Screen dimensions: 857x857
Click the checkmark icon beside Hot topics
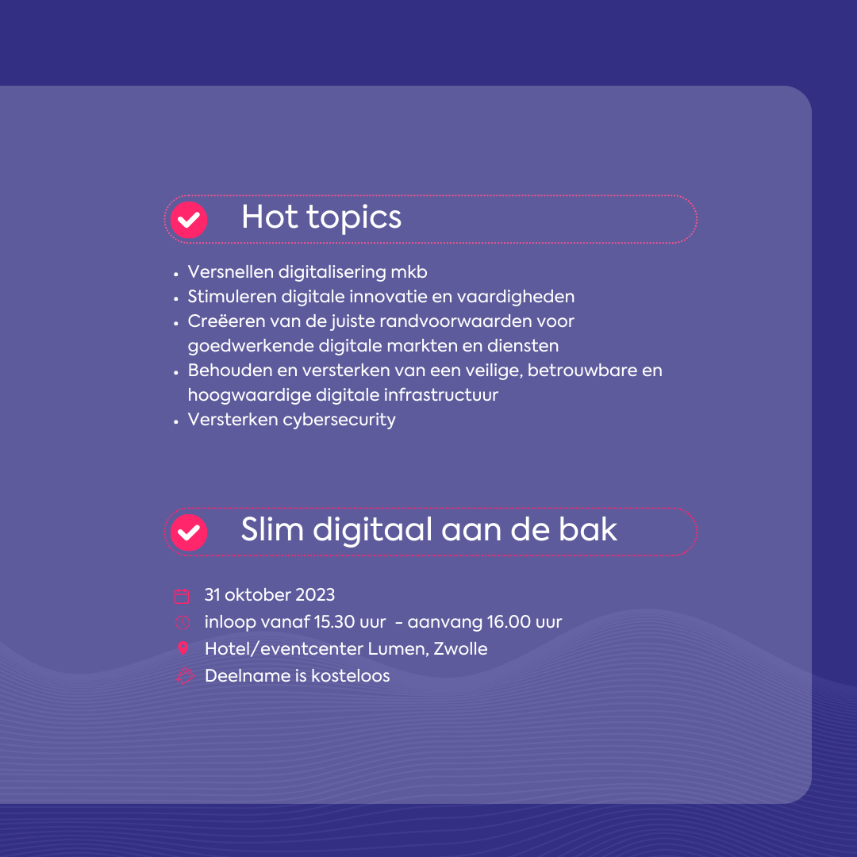pyautogui.click(x=189, y=220)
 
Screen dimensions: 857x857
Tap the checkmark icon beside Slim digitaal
pyautogui.click(x=189, y=532)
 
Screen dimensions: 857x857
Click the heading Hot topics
pyautogui.click(x=321, y=217)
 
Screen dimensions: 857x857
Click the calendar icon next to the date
pyautogui.click(x=182, y=596)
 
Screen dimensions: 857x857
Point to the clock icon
pyautogui.click(x=183, y=623)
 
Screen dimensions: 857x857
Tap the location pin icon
pyautogui.click(x=183, y=649)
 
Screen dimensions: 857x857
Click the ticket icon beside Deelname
pyautogui.click(x=185, y=676)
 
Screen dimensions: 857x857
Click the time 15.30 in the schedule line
pyautogui.click(x=335, y=622)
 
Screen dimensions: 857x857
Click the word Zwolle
pyautogui.click(x=460, y=649)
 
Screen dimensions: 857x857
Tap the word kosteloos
pyautogui.click(x=351, y=675)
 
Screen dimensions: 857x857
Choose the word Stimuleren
pyautogui.click(x=233, y=296)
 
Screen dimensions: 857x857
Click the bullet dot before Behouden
pyautogui.click(x=176, y=373)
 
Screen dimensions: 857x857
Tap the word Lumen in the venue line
pyautogui.click(x=398, y=649)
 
